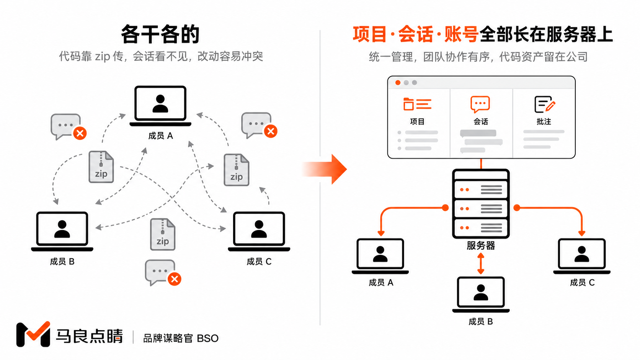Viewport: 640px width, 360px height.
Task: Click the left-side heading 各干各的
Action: (160, 34)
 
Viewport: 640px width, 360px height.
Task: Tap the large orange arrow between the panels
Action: (326, 169)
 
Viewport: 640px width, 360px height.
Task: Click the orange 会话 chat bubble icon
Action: (480, 104)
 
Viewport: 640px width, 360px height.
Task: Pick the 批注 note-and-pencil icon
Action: (545, 104)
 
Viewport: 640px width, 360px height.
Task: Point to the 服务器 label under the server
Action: (481, 245)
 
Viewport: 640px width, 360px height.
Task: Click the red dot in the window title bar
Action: (398, 83)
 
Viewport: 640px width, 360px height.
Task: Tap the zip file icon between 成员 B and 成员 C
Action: (163, 235)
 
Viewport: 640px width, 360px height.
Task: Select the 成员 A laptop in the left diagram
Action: (160, 106)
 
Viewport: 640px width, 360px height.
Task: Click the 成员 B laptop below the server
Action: (481, 295)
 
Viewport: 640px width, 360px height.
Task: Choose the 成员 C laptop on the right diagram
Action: (582, 256)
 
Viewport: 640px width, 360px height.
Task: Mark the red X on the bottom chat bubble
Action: (175, 279)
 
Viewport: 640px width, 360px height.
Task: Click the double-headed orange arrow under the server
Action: (481, 264)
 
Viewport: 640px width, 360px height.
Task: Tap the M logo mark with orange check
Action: (33, 334)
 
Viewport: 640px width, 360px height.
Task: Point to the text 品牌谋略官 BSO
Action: (181, 338)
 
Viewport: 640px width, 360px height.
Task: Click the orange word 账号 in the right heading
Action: (462, 34)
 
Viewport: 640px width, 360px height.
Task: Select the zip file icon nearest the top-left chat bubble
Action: (101, 167)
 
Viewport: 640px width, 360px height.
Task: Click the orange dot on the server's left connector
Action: (445, 208)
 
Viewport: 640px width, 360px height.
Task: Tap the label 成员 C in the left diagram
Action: (259, 262)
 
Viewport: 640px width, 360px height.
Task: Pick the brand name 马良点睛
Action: (90, 336)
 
